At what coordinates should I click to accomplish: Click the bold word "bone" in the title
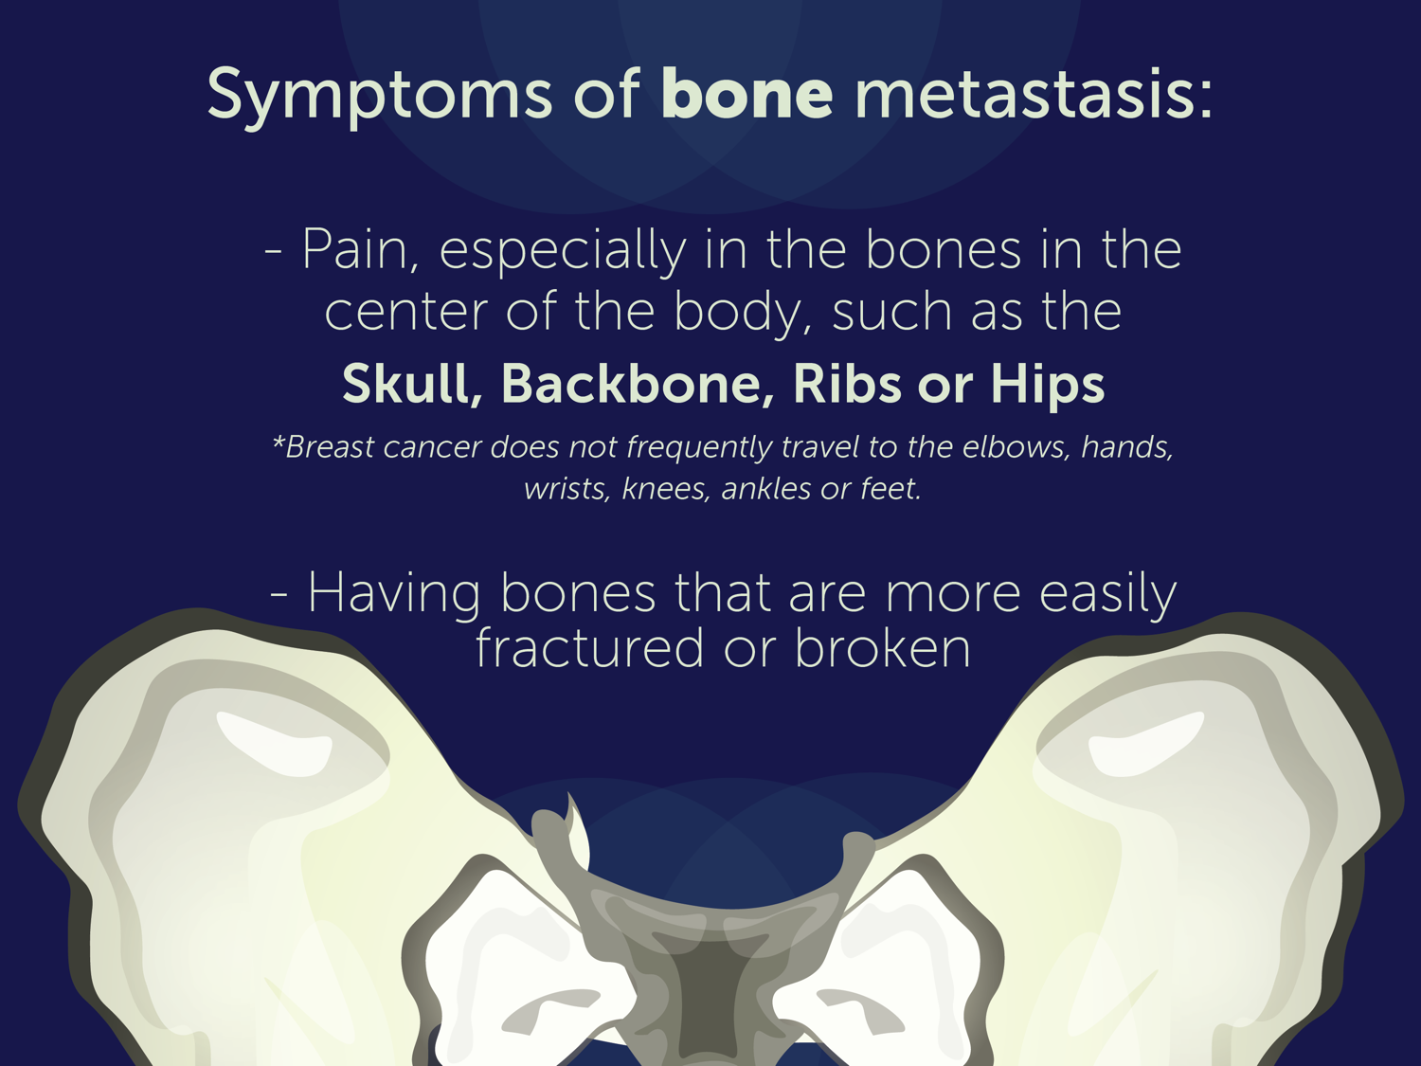pos(747,93)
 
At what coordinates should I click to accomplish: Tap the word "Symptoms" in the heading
pos(379,97)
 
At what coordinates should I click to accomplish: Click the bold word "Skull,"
pos(412,385)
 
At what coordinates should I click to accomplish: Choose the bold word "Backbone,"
pos(638,385)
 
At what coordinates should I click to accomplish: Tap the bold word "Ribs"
pos(847,385)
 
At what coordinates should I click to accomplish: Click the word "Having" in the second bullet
pos(393,594)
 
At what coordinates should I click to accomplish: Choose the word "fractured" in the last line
pos(589,649)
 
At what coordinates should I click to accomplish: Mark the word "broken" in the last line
pos(882,649)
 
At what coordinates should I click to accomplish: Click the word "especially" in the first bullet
pos(563,252)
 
